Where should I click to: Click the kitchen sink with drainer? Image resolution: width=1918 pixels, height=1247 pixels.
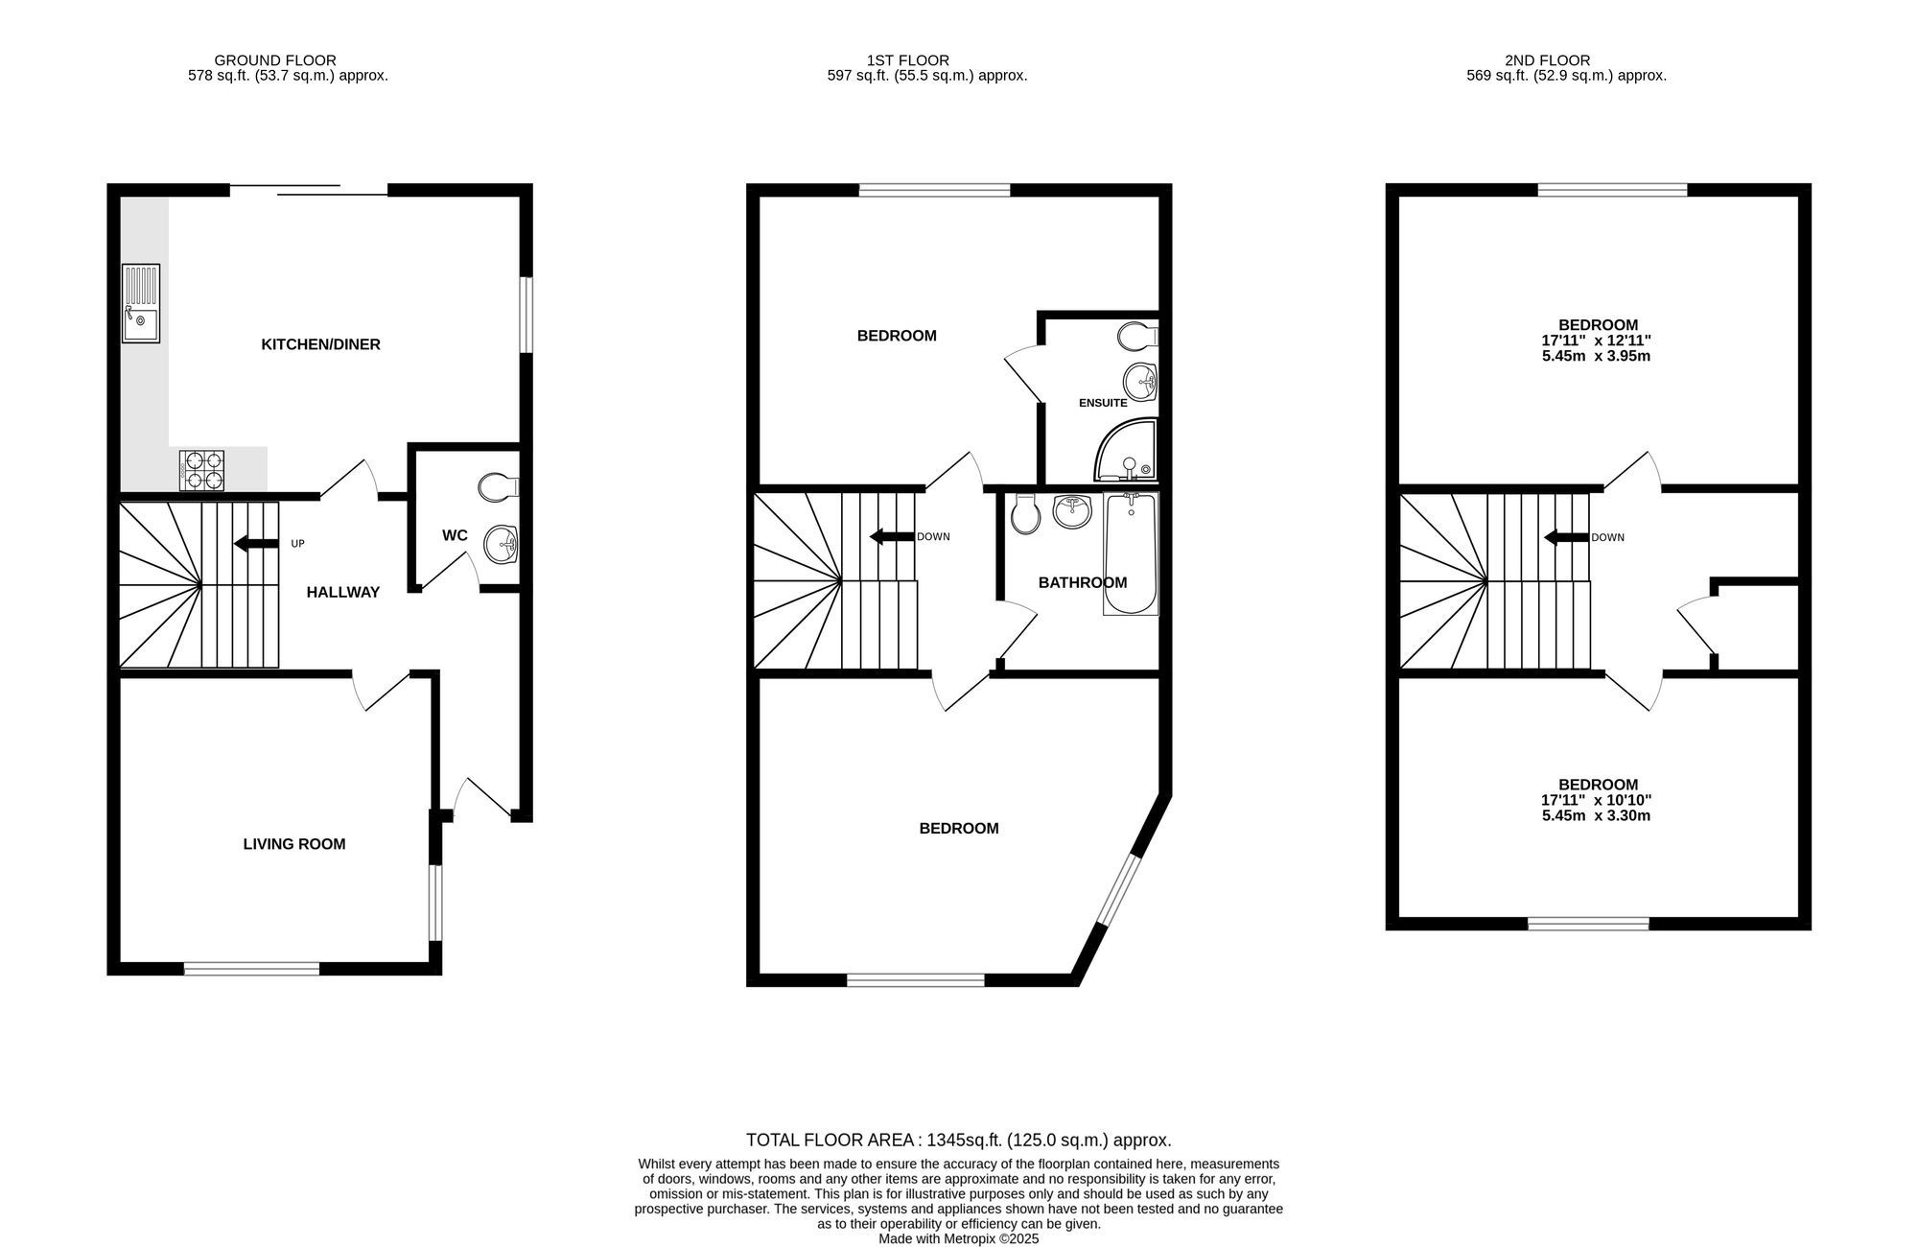141,303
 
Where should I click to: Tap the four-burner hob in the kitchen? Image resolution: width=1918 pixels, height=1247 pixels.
201,470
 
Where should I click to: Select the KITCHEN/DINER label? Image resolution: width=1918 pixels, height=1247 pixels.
321,344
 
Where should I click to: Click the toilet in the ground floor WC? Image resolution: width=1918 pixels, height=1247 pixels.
498,486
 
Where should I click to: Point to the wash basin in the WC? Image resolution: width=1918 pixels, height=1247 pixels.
502,545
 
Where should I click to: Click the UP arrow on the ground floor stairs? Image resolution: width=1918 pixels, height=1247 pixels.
254,544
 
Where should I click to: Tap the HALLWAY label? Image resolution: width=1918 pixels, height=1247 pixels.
343,593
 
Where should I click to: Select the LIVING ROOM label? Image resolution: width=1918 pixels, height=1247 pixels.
294,844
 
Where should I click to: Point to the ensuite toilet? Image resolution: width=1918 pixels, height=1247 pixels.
1138,336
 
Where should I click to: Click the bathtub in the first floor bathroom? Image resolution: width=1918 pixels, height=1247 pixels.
1131,553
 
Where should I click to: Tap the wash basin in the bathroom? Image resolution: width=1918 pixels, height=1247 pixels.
1072,510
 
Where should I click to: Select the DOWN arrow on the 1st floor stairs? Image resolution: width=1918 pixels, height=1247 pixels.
890,536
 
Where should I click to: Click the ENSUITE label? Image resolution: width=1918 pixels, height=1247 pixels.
1103,404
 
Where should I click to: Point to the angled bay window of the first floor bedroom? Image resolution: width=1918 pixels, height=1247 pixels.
1117,890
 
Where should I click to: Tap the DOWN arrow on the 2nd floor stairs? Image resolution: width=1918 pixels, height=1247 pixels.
1565,537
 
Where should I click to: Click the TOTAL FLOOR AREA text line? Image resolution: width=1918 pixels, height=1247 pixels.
959,1141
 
